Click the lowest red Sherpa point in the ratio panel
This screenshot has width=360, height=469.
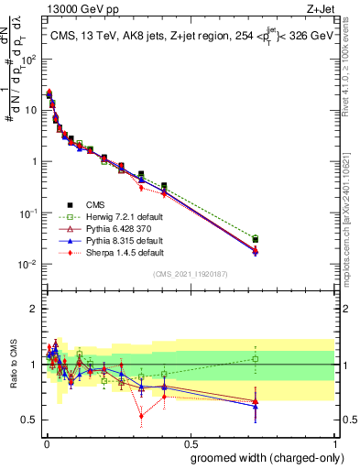pos(141,415)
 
